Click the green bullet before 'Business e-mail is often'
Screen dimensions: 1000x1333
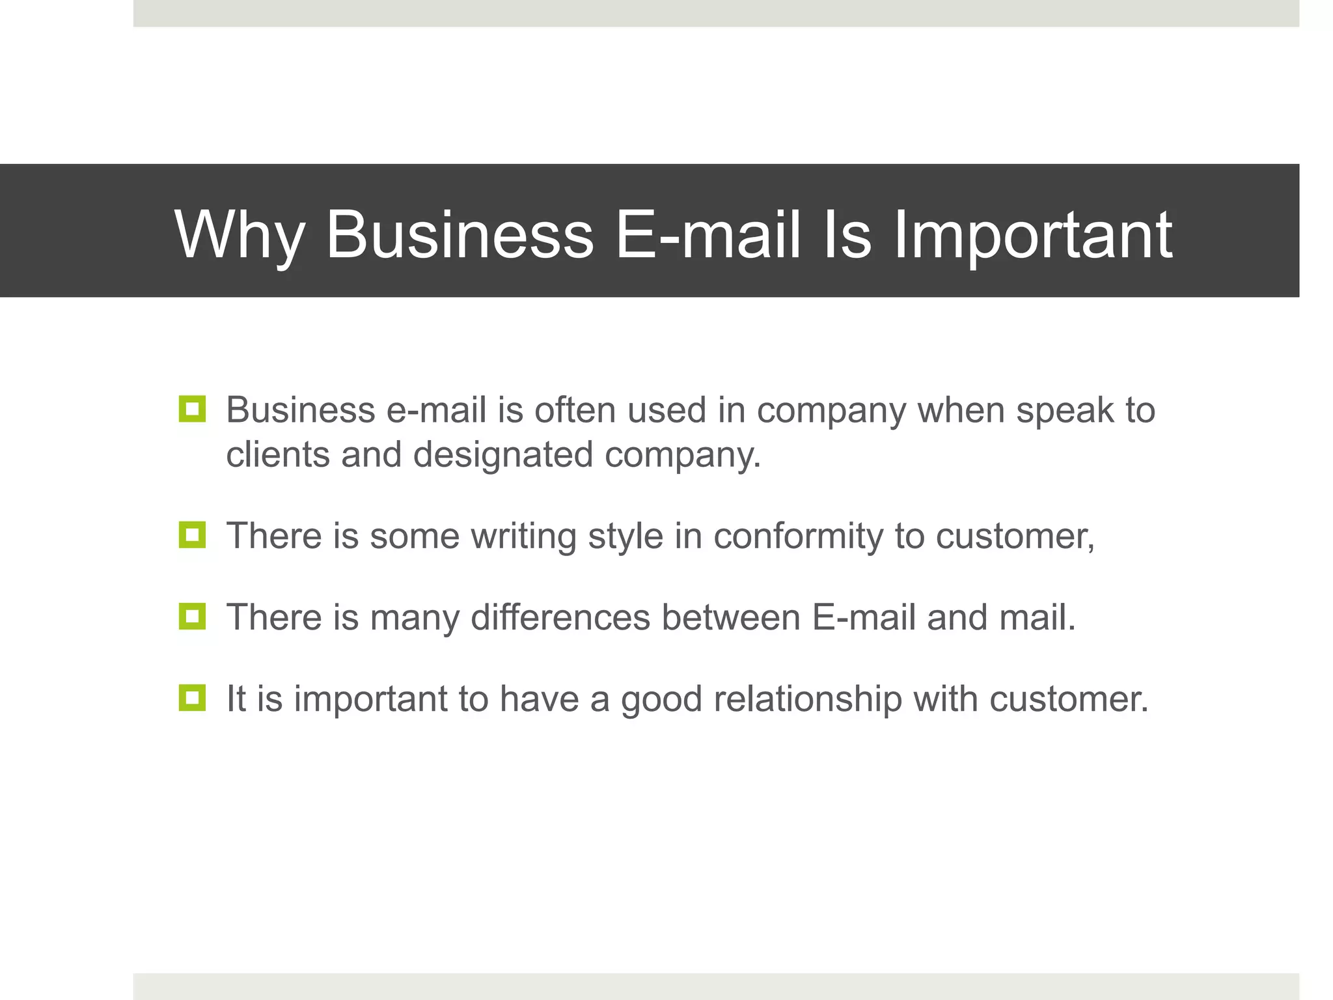click(192, 410)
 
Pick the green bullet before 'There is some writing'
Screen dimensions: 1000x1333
click(192, 535)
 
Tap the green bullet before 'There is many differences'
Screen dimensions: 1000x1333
click(192, 617)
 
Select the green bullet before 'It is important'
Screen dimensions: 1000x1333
click(192, 698)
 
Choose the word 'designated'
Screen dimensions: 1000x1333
click(503, 454)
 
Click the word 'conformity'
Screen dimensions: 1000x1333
click(798, 536)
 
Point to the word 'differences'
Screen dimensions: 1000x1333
click(560, 617)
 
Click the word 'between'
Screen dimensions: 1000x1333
click(731, 617)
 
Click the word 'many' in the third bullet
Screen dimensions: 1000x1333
click(415, 617)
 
